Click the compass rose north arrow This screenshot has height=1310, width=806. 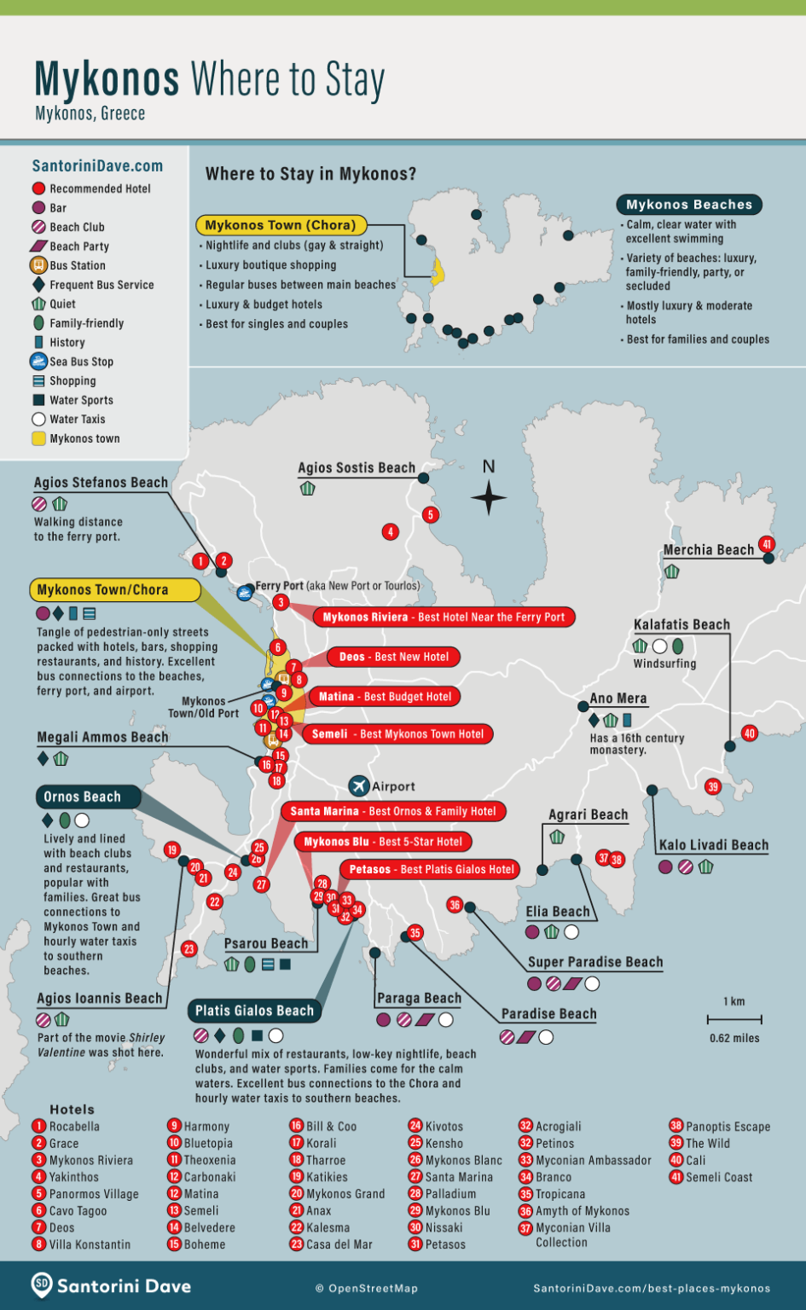coord(489,496)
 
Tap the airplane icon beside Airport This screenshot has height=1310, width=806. coord(358,785)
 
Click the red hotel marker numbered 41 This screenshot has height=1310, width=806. coord(767,544)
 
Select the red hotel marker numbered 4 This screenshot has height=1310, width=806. coord(390,532)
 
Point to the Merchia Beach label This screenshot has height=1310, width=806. coord(708,550)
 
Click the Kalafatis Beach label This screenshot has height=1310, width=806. coord(681,624)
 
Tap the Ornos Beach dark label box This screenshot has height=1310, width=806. coord(83,797)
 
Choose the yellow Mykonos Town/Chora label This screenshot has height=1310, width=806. coord(114,589)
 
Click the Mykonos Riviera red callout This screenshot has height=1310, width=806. coord(444,617)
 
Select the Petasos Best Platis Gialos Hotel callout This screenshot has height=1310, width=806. coord(432,869)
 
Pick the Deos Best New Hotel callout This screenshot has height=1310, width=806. coord(393,657)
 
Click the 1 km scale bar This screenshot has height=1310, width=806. coord(734,1019)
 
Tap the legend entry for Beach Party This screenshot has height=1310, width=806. coord(79,246)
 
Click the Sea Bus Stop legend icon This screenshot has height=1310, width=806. coord(38,361)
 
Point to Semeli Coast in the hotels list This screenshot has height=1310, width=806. coord(719,1177)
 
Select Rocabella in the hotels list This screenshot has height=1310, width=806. coord(74,1127)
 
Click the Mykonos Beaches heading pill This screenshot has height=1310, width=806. coord(689,205)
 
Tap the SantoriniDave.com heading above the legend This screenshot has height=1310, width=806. coord(97,166)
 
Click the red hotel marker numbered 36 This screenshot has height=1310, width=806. coord(455,905)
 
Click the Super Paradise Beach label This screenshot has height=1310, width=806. coord(594,962)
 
